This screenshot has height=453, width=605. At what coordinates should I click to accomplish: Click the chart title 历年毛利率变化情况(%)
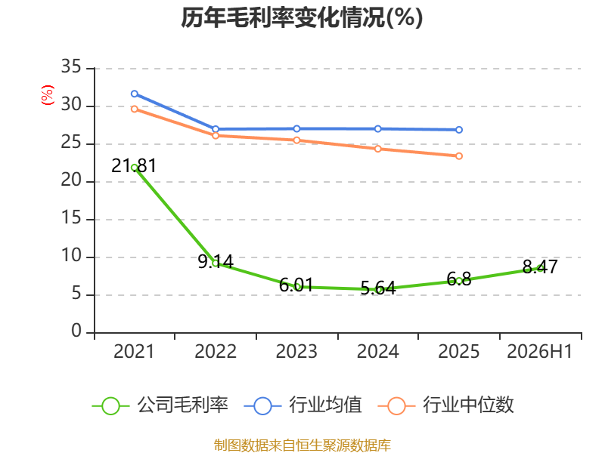302,18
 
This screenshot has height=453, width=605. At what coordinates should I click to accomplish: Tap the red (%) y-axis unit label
48,95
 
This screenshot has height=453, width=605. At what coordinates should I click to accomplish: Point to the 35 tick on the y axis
71,67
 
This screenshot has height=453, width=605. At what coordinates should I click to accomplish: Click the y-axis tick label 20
71,180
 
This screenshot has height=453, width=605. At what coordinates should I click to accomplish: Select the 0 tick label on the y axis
76,331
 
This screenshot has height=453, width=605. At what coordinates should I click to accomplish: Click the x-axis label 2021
134,352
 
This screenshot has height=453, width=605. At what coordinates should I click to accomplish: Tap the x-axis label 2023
296,352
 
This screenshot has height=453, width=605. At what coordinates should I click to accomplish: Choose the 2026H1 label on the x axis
540,352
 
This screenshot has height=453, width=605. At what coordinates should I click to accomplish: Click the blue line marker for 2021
135,94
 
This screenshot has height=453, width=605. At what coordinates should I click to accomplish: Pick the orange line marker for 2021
135,109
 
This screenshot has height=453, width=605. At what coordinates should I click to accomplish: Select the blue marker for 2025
459,130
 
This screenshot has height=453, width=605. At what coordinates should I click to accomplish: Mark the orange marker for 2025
459,156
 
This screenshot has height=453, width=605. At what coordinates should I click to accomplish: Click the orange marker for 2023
296,140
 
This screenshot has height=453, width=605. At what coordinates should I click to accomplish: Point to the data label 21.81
134,166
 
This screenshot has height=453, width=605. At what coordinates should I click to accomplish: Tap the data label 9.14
216,262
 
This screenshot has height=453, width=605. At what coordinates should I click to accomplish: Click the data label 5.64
378,288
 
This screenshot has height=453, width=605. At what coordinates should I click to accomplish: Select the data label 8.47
540,267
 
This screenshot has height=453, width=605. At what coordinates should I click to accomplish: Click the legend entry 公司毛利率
160,405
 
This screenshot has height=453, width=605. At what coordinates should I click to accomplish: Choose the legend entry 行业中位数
446,405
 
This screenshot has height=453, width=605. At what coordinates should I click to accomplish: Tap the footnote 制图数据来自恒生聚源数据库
302,445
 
